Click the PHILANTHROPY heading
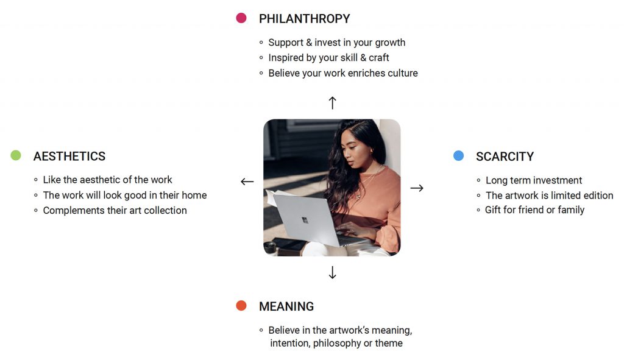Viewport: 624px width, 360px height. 305,19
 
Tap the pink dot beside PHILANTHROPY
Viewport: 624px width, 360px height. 241,18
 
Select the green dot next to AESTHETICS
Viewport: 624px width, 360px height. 16,155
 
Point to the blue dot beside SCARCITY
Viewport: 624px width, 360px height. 458,155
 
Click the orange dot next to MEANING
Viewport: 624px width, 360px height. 241,306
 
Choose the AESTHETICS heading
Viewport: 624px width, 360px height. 69,157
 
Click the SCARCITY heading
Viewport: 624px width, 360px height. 505,157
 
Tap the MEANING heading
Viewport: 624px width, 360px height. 286,306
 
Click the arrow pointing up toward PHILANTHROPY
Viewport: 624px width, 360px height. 332,102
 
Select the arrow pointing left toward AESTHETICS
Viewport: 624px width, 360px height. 247,182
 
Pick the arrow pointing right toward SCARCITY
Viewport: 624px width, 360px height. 417,188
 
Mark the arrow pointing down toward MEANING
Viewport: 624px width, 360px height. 332,272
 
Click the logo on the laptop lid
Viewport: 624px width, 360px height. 305,220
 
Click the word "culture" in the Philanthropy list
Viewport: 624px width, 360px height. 402,73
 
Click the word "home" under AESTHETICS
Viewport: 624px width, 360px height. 194,196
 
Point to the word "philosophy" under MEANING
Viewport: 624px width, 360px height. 337,344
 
